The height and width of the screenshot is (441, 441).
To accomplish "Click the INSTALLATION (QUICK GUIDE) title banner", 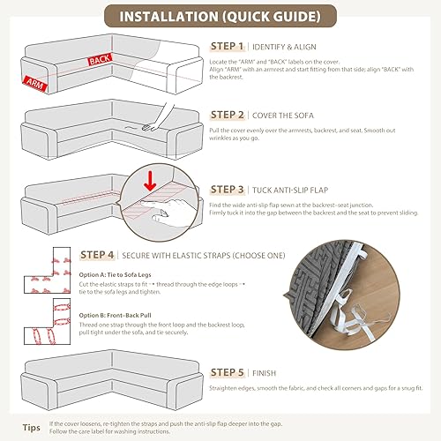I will pos(220,17).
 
